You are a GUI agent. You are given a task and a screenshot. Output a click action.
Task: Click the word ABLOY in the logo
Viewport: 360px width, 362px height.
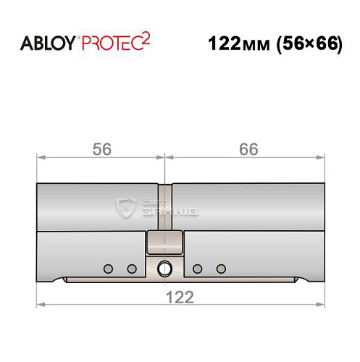48,43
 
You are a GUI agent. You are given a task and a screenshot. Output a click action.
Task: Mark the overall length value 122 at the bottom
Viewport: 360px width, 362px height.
179,296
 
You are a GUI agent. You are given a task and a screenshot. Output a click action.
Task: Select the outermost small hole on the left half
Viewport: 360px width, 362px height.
108,269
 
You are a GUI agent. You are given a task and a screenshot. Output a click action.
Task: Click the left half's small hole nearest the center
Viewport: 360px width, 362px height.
131,269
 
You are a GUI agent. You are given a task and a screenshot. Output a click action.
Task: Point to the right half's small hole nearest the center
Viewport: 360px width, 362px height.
197,269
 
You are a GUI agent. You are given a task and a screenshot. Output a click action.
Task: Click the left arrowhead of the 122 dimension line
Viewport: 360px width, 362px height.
41,304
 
